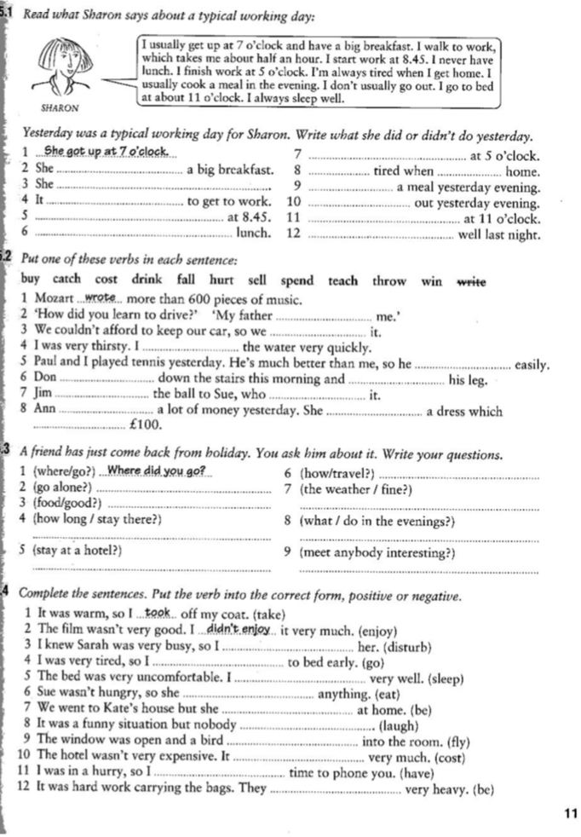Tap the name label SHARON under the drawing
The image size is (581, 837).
coord(60,108)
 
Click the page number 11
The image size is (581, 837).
coord(570,813)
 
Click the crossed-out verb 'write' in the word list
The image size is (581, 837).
coord(474,280)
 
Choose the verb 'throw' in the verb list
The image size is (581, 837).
coord(390,280)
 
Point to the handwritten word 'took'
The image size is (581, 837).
coord(158,613)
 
